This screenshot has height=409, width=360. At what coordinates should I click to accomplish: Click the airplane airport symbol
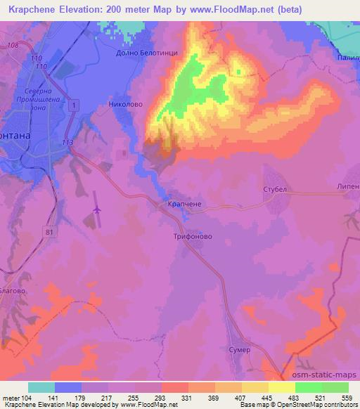tap(96, 209)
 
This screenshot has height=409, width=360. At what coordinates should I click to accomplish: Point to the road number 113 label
tap(67, 142)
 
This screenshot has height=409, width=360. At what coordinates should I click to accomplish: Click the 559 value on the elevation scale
tap(347, 398)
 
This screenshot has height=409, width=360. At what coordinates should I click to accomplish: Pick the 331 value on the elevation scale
tap(188, 398)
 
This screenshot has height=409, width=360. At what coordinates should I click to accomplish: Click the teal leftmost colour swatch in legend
tap(41, 387)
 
